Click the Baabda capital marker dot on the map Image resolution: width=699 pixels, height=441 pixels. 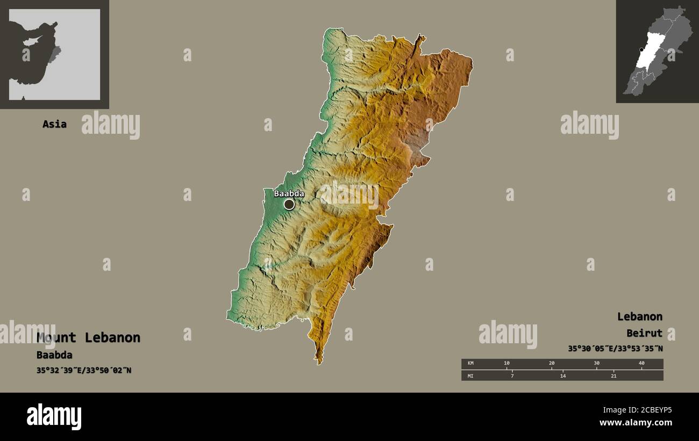pyautogui.click(x=289, y=204)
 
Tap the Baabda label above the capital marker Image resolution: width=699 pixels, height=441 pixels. pyautogui.click(x=289, y=193)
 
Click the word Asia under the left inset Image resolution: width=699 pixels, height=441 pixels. pyautogui.click(x=54, y=124)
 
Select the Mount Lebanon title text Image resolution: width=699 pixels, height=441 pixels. pyautogui.click(x=88, y=337)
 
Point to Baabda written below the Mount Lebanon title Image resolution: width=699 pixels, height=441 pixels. pyautogui.click(x=54, y=355)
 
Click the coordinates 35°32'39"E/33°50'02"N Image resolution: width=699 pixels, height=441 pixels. pyautogui.click(x=84, y=370)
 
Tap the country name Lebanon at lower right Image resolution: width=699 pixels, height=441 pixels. pyautogui.click(x=639, y=316)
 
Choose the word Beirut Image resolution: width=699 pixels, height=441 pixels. pyautogui.click(x=644, y=333)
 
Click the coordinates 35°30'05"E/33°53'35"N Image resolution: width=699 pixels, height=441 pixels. pyautogui.click(x=615, y=349)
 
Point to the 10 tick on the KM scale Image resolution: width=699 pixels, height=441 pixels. pyautogui.click(x=507, y=364)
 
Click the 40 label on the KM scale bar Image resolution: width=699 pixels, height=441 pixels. pyautogui.click(x=641, y=364)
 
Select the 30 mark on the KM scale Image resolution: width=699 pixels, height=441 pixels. pyautogui.click(x=596, y=364)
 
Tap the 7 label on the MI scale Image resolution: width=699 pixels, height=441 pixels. pyautogui.click(x=512, y=375)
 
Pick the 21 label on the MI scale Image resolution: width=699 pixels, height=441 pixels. pyautogui.click(x=614, y=375)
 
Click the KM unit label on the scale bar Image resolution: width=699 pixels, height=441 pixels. pyautogui.click(x=470, y=364)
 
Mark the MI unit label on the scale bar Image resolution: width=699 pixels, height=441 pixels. pyautogui.click(x=470, y=375)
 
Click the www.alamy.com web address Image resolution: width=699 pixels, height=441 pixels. pyautogui.click(x=636, y=423)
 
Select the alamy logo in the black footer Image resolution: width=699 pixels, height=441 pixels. pyautogui.click(x=54, y=417)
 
